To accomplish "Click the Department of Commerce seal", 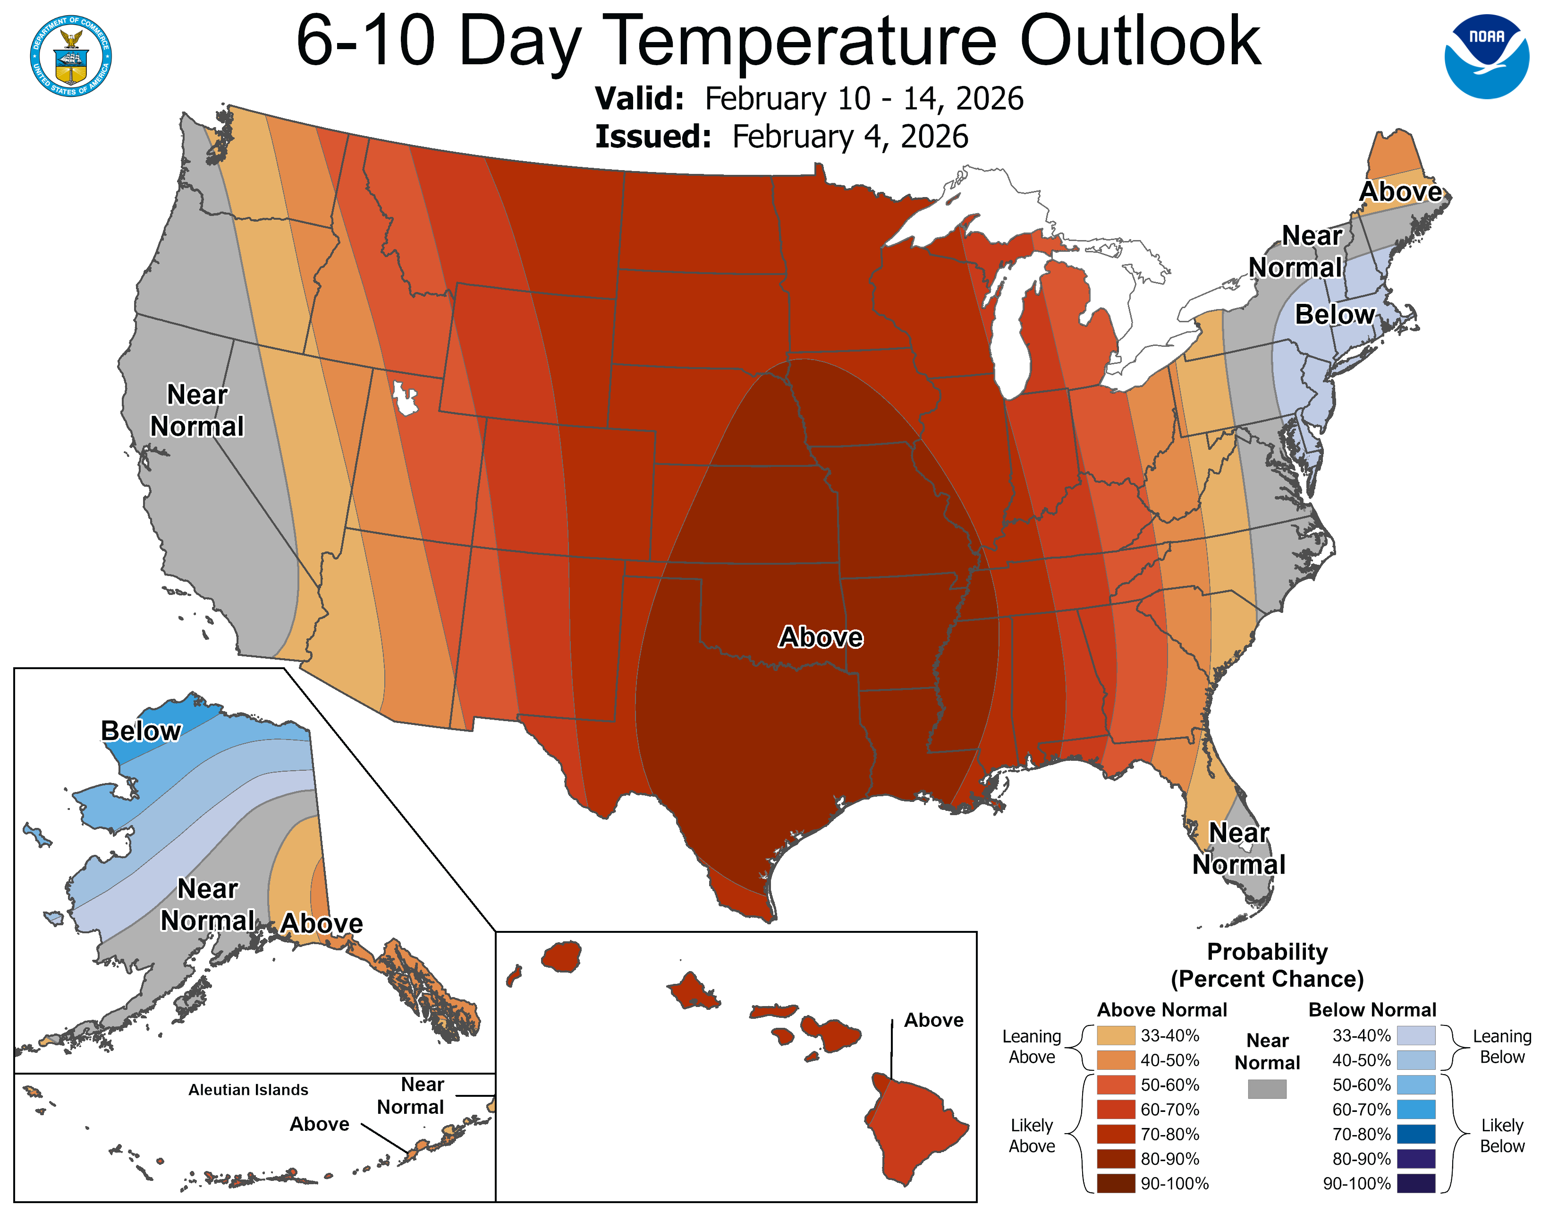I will tap(71, 56).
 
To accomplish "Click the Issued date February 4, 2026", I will tap(850, 137).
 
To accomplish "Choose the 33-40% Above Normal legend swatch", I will tap(1116, 1035).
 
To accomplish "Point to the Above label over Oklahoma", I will tap(821, 637).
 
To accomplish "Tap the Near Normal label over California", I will tap(197, 411).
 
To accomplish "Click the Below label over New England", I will tap(1335, 314).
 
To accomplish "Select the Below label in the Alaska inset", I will tap(141, 731).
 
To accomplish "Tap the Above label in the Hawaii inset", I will tap(933, 1020).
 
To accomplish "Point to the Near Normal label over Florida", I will tap(1238, 849).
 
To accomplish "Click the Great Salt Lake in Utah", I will tap(405, 397).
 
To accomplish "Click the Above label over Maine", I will tap(1400, 191).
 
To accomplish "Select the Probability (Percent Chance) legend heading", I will tap(1267, 965).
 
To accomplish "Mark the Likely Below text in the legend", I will tap(1502, 1136).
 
